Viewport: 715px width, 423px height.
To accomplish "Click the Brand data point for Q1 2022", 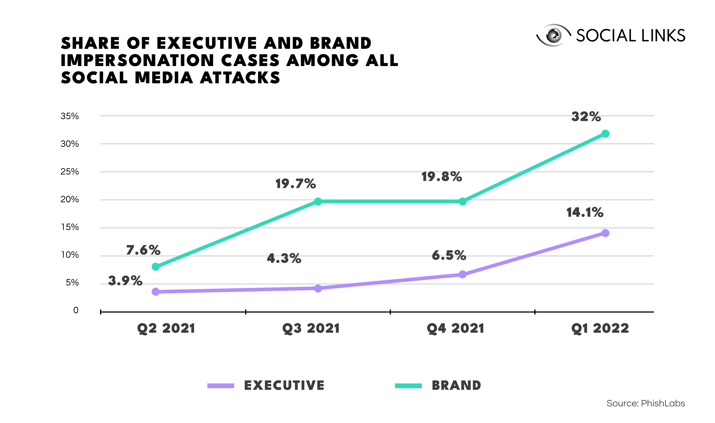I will click(x=605, y=134).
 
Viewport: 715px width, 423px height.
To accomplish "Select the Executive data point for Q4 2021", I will click(x=462, y=274).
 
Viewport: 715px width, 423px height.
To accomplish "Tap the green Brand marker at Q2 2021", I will click(x=156, y=267).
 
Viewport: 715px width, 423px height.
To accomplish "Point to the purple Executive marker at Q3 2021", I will click(x=318, y=288).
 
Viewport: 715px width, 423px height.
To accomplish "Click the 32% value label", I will click(x=586, y=117).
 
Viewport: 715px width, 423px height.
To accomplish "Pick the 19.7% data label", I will click(x=296, y=184).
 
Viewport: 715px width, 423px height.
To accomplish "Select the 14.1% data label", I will click(x=585, y=212).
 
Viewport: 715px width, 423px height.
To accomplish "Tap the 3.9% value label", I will click(x=125, y=281).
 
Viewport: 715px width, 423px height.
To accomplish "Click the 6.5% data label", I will click(x=449, y=255).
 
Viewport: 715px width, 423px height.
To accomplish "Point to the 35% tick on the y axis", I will click(x=70, y=116).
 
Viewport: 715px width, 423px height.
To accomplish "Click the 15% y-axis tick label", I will click(x=70, y=227).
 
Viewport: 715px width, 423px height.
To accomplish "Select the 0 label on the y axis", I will click(x=76, y=310).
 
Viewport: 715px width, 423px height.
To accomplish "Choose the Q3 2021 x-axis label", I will click(x=311, y=329).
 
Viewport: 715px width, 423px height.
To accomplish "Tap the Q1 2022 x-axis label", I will click(x=600, y=329).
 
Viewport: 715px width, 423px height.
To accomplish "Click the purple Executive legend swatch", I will click(x=221, y=386).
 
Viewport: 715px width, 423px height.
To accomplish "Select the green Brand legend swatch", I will click(x=408, y=386).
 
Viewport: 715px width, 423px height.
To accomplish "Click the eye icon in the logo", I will click(x=553, y=35).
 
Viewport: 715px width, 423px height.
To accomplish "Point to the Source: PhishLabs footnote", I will click(x=646, y=403).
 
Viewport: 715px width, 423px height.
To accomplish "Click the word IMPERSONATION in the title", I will click(x=137, y=60).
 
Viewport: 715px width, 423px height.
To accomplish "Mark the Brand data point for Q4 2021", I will click(x=462, y=202).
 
